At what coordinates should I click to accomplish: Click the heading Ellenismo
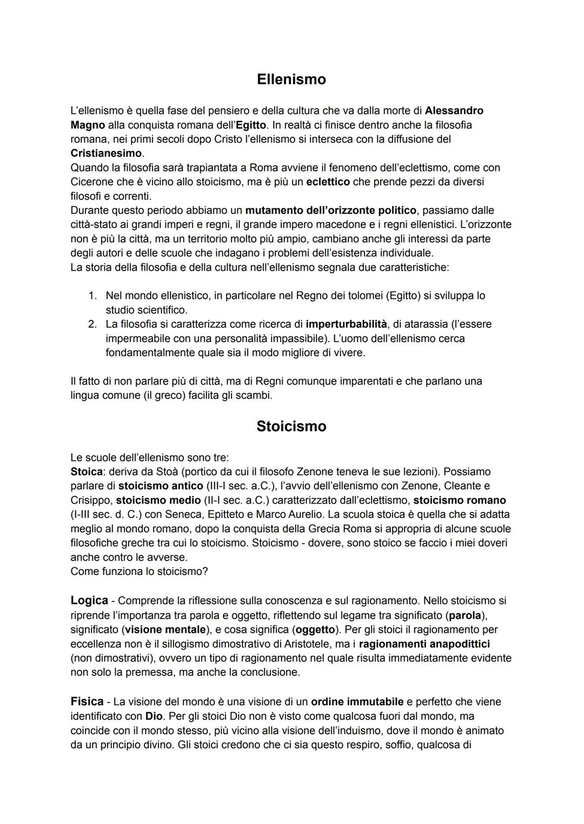[x=291, y=79]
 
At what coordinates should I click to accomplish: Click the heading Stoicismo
[x=291, y=426]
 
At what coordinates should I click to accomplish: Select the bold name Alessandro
[x=454, y=111]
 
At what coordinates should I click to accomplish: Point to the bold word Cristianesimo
[x=106, y=153]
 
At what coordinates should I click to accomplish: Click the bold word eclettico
[x=328, y=182]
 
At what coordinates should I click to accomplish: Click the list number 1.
[x=92, y=296]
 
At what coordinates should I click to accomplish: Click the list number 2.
[x=92, y=324]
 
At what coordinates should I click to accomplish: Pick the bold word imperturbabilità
[x=346, y=324]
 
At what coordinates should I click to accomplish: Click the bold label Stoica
[x=87, y=472]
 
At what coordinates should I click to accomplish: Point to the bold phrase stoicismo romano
[x=460, y=500]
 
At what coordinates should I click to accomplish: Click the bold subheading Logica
[x=89, y=600]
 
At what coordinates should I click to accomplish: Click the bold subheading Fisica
[x=87, y=701]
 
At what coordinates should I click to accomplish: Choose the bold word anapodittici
[x=459, y=644]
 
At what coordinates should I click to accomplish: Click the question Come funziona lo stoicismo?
[x=139, y=572]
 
